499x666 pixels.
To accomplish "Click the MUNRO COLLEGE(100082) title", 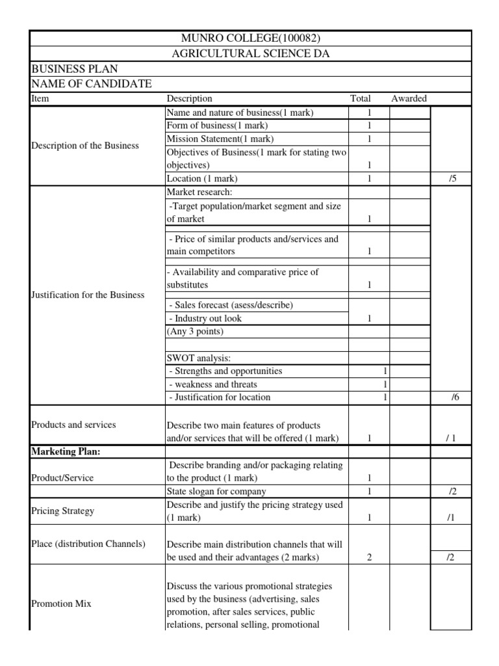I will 250,38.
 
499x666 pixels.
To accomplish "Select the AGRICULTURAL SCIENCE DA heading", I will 250,54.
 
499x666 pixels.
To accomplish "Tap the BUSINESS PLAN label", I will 75,69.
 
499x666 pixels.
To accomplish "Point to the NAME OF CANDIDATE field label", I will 92,84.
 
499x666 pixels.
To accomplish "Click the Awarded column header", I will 409,99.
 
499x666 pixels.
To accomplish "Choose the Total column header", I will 361,99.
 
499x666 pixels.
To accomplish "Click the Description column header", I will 190,99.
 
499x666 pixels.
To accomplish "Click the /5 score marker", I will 452,178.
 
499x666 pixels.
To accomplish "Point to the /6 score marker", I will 455,397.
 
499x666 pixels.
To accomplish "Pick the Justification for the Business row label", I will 88,295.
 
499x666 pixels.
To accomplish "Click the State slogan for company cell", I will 216,491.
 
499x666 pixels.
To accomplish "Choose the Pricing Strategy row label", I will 62,511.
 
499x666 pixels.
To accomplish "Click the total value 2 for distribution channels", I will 369,557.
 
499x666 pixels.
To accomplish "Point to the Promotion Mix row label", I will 61,604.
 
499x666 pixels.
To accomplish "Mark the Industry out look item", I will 205,319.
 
